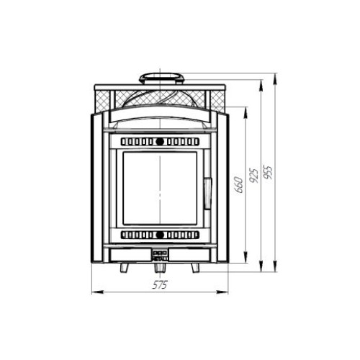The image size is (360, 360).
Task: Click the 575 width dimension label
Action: [160, 285]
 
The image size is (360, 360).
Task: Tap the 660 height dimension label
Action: [239, 185]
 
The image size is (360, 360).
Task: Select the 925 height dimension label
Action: [253, 175]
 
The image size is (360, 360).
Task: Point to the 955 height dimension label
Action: [268, 172]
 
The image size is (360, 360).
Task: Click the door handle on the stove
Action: [207, 194]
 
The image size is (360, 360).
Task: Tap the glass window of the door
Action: [160, 188]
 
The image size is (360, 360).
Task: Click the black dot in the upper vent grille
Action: [160, 142]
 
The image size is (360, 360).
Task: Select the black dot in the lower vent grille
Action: [160, 235]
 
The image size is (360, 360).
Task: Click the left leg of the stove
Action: [125, 268]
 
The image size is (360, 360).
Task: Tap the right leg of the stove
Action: [195, 268]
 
